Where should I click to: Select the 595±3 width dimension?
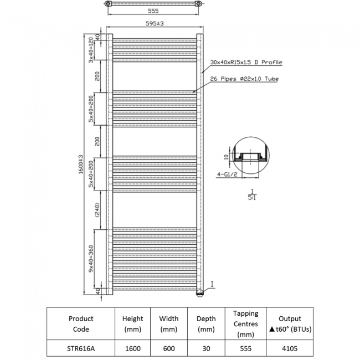154,23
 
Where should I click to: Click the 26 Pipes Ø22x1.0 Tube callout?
244,79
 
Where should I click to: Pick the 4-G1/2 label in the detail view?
227,175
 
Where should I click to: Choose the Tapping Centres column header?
245,324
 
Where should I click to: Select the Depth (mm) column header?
206,324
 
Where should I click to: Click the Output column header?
290,324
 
